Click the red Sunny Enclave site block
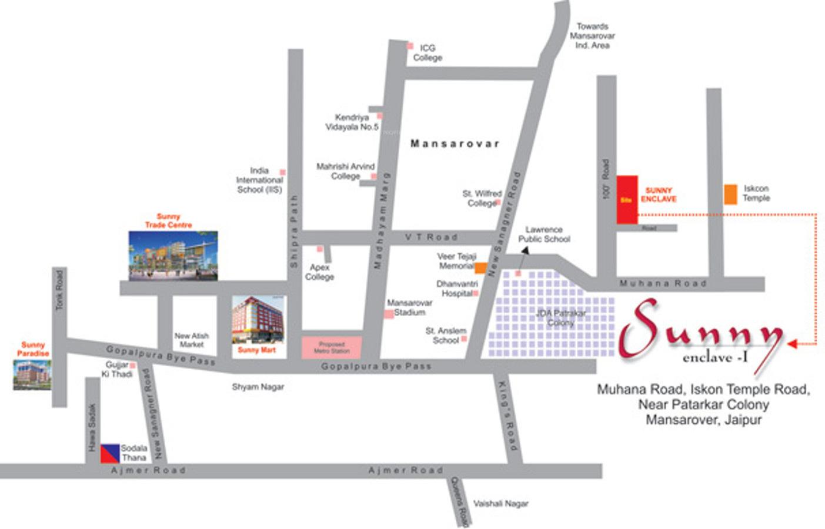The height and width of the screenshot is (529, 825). pos(627,199)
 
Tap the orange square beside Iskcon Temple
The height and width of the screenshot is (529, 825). pos(730,195)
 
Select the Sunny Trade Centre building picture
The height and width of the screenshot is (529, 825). pos(173,255)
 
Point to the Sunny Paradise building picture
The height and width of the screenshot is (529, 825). pos(32,374)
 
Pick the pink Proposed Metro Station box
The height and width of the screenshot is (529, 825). pos(332,347)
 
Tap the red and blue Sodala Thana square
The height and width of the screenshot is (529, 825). pos(110,453)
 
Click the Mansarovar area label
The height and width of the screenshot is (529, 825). pos(455,143)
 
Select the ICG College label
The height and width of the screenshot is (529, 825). pos(427,53)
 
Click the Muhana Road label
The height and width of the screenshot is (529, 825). pos(663,283)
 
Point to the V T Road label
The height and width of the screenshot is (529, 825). pos(431,237)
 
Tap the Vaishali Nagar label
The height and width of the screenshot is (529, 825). pos(501,503)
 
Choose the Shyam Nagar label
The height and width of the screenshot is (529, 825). pos(258,387)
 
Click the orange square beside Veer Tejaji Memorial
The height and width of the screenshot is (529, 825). pos(480,268)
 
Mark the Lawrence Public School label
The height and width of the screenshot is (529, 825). pos(544,234)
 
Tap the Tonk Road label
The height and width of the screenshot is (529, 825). pos(59,290)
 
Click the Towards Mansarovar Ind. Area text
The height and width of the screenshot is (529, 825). pos(592,36)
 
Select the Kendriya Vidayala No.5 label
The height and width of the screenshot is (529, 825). pos(352,122)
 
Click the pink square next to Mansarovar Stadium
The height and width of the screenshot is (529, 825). pos(389,314)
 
